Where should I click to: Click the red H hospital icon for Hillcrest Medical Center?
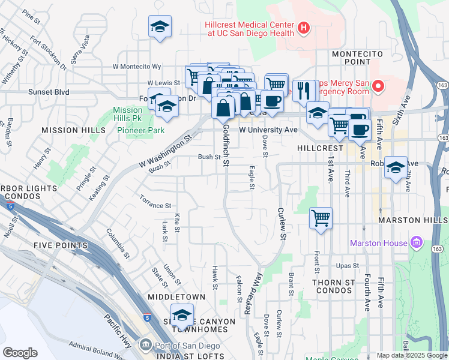304,27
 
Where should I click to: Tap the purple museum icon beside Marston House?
417,243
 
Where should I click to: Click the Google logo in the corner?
20,353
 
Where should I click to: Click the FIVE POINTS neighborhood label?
61,245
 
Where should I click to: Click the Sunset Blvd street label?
49,92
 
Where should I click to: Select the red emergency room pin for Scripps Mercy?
378,87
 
